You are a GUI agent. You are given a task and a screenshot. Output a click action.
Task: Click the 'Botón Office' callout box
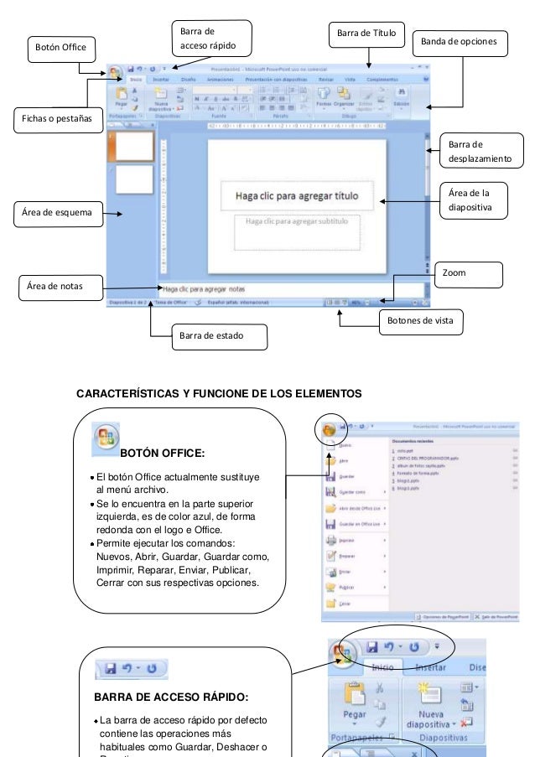click(61, 49)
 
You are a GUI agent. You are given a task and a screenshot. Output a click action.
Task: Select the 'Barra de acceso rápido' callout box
click(210, 37)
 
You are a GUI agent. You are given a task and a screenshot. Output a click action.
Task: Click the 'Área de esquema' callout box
click(57, 214)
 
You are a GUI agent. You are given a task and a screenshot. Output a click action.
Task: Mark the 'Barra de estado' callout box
click(209, 336)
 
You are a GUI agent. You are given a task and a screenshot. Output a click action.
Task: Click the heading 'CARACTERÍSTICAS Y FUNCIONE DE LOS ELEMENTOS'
click(220, 392)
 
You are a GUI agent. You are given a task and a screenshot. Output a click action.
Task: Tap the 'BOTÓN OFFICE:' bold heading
click(162, 454)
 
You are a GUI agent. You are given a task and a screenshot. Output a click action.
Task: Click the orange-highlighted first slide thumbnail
click(134, 146)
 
